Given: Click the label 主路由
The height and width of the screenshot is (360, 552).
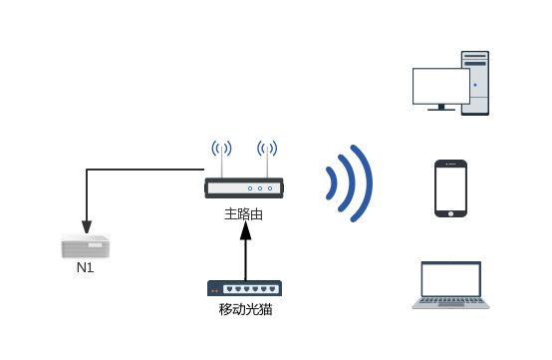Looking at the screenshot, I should click(244, 213).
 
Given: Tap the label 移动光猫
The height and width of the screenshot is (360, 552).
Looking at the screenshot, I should click(245, 309).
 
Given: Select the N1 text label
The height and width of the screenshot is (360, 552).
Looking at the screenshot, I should click(87, 267).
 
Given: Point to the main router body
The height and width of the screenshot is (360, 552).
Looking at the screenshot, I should click(244, 187).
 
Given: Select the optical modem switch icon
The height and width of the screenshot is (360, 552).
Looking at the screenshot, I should click(245, 288).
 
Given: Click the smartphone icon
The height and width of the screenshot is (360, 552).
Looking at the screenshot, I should click(451, 187).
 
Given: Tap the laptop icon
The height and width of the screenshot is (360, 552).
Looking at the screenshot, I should click(451, 285).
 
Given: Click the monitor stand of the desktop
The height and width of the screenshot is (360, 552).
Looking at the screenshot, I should click(440, 109).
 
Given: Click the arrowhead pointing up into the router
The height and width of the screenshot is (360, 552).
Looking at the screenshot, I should click(245, 231).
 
